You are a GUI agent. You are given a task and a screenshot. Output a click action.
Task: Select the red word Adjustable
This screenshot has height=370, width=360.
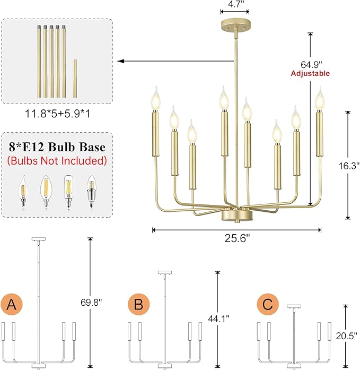[x=310, y=73]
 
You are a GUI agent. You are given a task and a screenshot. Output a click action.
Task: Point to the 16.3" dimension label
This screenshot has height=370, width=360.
[x=348, y=165]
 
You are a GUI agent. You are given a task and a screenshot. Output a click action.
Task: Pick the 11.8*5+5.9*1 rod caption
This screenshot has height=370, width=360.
[x=57, y=113]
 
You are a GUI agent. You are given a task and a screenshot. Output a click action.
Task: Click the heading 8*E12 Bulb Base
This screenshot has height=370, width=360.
[x=57, y=147]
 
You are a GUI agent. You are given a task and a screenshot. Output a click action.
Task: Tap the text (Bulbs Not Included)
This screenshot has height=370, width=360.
[x=57, y=160]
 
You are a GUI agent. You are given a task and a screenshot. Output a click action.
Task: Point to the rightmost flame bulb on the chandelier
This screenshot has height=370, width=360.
[x=319, y=99]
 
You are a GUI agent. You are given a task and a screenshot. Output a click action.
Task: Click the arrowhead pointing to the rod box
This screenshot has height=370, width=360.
[x=121, y=62]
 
